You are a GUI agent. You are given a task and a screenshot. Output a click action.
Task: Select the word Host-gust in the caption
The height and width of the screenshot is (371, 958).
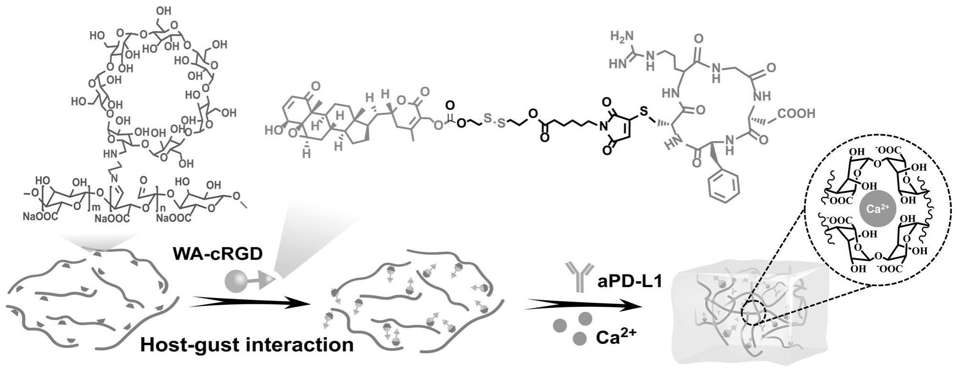pyautogui.click(x=190, y=344)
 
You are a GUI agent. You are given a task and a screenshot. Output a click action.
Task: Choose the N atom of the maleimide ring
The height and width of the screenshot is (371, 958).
pyautogui.click(x=603, y=127)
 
